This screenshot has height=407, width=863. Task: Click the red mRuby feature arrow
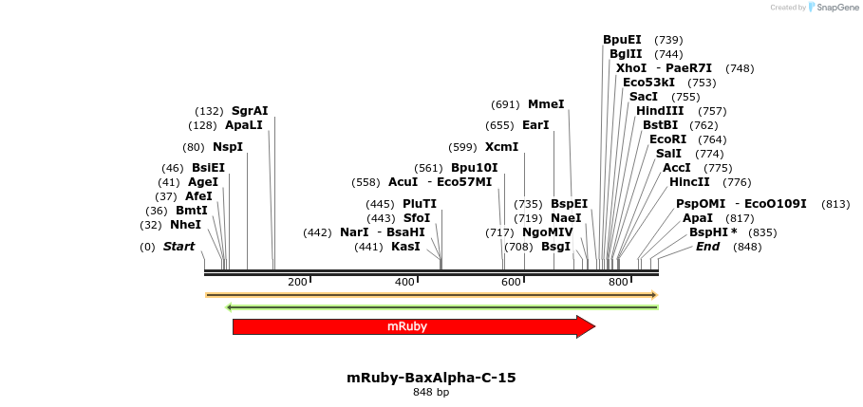tap(408, 326)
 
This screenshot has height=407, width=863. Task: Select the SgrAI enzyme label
tap(250, 111)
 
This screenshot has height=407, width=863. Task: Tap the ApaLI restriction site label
tap(244, 125)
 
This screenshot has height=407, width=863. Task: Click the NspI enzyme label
tap(228, 147)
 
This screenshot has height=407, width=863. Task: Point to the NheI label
tap(186, 225)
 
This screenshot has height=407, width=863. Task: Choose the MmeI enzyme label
tap(546, 104)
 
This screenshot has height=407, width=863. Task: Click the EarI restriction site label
tap(535, 125)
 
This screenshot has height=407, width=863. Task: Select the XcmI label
tap(501, 147)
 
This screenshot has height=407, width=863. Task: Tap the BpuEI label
tap(622, 40)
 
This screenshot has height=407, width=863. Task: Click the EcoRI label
tap(667, 139)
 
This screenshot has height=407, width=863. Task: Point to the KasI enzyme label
tap(405, 247)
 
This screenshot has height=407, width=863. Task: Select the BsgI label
tap(556, 247)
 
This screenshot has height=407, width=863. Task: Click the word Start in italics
tap(178, 247)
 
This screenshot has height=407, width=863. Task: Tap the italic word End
tap(708, 247)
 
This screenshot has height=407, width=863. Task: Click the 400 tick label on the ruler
tap(405, 282)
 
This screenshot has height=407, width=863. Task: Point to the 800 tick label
tap(619, 282)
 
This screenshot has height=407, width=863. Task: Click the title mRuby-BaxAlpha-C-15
tap(431, 378)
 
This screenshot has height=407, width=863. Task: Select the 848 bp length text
tap(431, 392)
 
